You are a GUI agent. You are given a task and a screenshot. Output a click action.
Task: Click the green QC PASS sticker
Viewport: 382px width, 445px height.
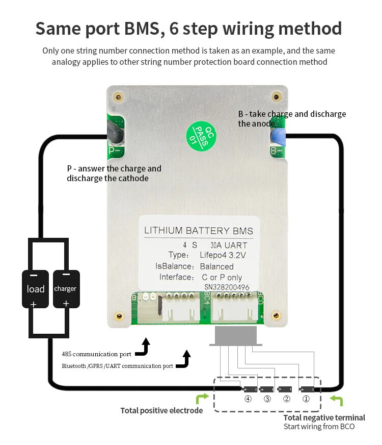point(198,134)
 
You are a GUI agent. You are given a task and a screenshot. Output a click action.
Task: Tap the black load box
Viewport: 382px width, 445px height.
point(35,289)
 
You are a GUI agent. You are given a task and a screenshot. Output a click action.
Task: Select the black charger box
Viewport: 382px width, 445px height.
point(66,289)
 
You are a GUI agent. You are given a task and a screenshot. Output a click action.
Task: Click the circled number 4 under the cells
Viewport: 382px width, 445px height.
point(248,399)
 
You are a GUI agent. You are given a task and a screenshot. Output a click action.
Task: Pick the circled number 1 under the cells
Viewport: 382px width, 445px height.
point(306,399)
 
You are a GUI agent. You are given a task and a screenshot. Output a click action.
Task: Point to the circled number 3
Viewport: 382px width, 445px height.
point(267,399)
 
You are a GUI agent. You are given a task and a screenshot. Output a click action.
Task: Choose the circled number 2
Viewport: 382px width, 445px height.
point(287,399)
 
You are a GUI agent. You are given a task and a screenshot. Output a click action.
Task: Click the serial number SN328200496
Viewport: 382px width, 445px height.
point(227,288)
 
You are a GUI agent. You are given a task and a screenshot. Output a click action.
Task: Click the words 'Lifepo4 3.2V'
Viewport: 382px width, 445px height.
point(223,255)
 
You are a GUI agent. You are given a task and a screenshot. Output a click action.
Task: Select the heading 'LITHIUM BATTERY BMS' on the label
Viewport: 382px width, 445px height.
point(199,231)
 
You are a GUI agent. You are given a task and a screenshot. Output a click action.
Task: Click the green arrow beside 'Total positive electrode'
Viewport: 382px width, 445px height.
point(202,399)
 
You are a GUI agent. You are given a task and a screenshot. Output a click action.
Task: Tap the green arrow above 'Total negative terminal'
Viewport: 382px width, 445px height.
point(336,401)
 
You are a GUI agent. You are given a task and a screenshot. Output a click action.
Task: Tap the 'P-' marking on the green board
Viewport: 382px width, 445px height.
point(114,151)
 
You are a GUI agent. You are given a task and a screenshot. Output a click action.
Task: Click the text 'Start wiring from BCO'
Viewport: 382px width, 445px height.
point(319,427)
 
